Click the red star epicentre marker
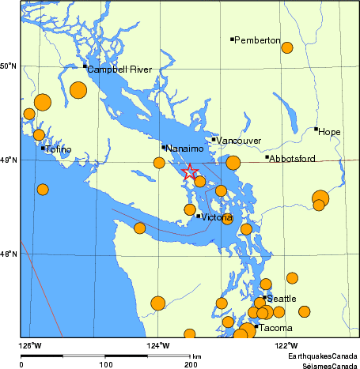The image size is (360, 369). click(x=190, y=172)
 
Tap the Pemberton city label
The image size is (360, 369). click(x=257, y=40)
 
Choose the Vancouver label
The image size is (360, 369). click(x=239, y=141)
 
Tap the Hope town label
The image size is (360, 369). click(x=330, y=131)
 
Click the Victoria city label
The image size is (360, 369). click(x=217, y=217)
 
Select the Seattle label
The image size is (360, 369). click(x=282, y=299)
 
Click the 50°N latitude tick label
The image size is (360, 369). click(x=9, y=66)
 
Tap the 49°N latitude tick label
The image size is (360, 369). click(x=9, y=160)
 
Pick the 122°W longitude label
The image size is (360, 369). click(x=286, y=345)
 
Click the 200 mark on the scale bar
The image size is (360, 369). click(x=190, y=365)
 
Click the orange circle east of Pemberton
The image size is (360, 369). click(x=287, y=47)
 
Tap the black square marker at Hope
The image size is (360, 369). click(x=316, y=129)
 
